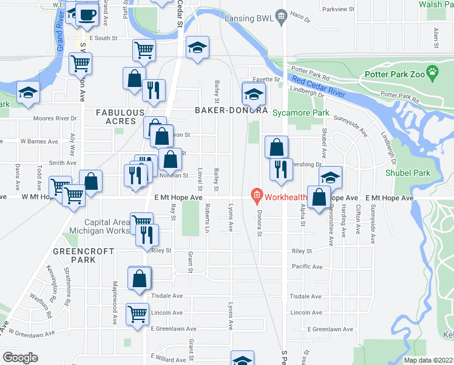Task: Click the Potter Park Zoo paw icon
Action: coord(432,74)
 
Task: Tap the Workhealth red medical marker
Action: coord(256,196)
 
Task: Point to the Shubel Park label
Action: coord(407,173)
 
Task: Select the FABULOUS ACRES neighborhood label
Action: coord(120,117)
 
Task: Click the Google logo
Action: coord(20,357)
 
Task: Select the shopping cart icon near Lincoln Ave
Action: coord(138,314)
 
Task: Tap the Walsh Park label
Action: coord(436,4)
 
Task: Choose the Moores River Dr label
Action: coord(57,119)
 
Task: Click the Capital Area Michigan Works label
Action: coord(107,226)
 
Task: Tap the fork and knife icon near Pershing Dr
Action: coord(281,169)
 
